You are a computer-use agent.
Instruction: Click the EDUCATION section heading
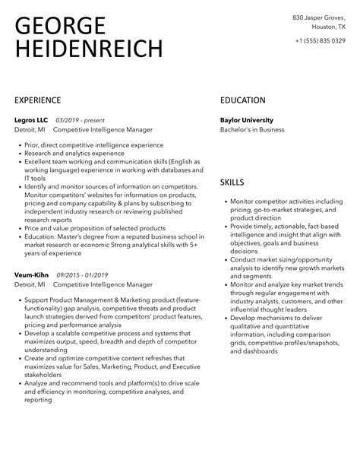pos(243,100)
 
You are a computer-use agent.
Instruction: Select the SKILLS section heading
pos(232,182)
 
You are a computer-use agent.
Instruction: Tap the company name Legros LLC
pos(31,120)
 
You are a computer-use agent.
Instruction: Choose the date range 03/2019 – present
pos(81,120)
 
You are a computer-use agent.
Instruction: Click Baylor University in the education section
pos(246,120)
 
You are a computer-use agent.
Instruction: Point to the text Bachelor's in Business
pos(252,130)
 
